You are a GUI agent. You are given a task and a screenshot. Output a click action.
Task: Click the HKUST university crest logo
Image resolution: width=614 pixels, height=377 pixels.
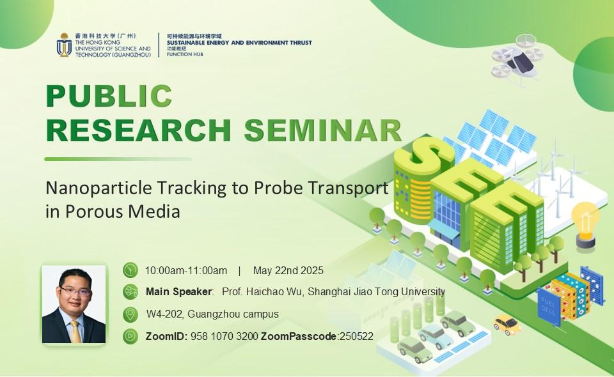pos(64,45)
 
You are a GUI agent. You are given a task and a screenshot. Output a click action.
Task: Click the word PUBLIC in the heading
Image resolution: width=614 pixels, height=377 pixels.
pos(109,95)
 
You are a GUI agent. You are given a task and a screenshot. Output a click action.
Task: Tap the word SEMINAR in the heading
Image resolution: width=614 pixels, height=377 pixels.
pos(323,130)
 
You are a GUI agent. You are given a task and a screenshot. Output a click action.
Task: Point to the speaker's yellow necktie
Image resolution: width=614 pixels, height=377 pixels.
pos(75,332)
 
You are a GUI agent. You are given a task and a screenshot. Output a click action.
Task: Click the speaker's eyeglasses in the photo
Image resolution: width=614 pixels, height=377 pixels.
pos(75,291)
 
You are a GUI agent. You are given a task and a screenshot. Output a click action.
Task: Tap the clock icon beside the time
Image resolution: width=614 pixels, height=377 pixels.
pos(130,270)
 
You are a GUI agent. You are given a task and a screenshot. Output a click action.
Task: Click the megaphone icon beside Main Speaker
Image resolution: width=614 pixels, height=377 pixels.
pos(130,292)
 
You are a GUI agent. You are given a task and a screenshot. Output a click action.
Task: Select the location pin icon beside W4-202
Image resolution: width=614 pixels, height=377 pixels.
pos(130,314)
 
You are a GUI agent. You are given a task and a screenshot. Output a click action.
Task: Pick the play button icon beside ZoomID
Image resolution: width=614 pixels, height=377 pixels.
pos(130,336)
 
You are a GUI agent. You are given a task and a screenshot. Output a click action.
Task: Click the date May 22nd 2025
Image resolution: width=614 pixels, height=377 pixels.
pos(288,271)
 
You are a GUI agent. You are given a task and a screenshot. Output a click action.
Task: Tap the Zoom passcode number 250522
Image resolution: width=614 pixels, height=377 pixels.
pos(357,336)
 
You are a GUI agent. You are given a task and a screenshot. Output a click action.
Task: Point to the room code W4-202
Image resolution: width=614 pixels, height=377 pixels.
pos(166,314)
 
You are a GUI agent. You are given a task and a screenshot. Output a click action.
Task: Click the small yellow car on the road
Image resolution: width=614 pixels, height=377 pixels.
pos(507,324)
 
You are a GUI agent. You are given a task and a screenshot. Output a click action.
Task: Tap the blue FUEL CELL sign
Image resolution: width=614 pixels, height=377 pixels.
pos(549,306)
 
